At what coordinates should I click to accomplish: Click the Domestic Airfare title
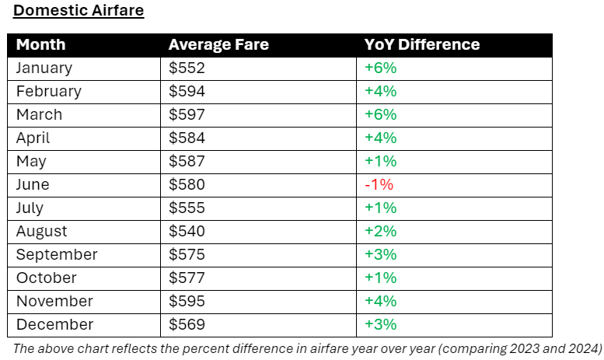click(79, 11)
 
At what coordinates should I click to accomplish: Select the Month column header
click(41, 44)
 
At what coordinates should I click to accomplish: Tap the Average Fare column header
click(218, 44)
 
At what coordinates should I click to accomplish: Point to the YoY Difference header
click(422, 44)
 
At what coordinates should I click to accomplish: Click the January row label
click(44, 68)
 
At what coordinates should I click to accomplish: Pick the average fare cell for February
click(187, 91)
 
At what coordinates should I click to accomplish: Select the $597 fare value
click(187, 114)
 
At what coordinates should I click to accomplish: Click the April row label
click(33, 138)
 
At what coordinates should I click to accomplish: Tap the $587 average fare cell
click(187, 161)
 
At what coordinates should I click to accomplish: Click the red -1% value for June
click(379, 184)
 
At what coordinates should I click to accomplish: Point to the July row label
click(30, 208)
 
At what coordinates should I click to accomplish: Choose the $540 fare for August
click(187, 231)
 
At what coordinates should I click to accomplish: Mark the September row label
click(57, 254)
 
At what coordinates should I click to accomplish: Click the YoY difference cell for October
click(381, 278)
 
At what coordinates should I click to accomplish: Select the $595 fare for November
click(187, 301)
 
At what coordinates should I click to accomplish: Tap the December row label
click(54, 324)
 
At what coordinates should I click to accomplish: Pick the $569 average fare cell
click(187, 324)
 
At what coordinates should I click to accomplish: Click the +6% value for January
click(381, 68)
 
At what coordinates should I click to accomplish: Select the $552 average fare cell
click(187, 68)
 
